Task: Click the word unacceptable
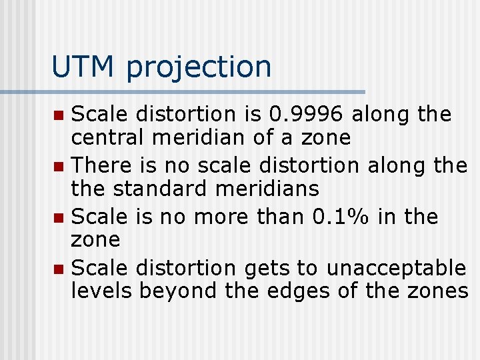click(x=396, y=268)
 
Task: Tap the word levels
click(x=102, y=291)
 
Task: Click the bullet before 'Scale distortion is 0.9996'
click(x=59, y=115)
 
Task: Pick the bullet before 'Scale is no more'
click(x=59, y=217)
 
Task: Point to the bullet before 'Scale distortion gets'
click(x=59, y=269)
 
